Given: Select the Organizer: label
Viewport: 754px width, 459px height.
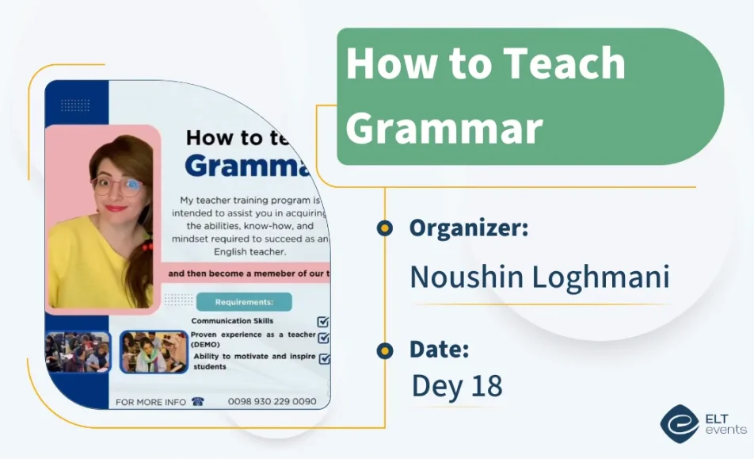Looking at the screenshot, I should (468, 228).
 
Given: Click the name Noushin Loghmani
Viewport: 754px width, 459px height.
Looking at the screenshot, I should (539, 277).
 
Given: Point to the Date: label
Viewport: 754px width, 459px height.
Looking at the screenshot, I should (439, 349).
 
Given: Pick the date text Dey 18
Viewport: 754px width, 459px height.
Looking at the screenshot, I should (457, 386).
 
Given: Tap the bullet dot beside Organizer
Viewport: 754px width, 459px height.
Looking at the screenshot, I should (385, 229).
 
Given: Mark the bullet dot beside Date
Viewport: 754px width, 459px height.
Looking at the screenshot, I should (385, 350).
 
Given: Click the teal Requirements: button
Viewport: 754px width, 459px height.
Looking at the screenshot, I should (244, 302).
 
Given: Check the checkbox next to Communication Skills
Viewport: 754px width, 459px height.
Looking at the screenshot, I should (323, 322).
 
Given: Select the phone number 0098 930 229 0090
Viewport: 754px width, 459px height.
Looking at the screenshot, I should (272, 402).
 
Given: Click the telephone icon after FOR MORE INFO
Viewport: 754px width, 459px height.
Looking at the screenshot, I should (198, 402).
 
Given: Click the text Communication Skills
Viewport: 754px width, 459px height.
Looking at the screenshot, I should (232, 321).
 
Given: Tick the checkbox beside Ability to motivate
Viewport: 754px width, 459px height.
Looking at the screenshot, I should (324, 359).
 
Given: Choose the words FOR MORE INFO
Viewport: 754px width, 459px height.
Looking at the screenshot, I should (150, 402).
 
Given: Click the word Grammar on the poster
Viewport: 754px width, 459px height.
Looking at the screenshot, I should (246, 166).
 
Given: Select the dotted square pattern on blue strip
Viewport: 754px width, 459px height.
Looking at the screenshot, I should (75, 105).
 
